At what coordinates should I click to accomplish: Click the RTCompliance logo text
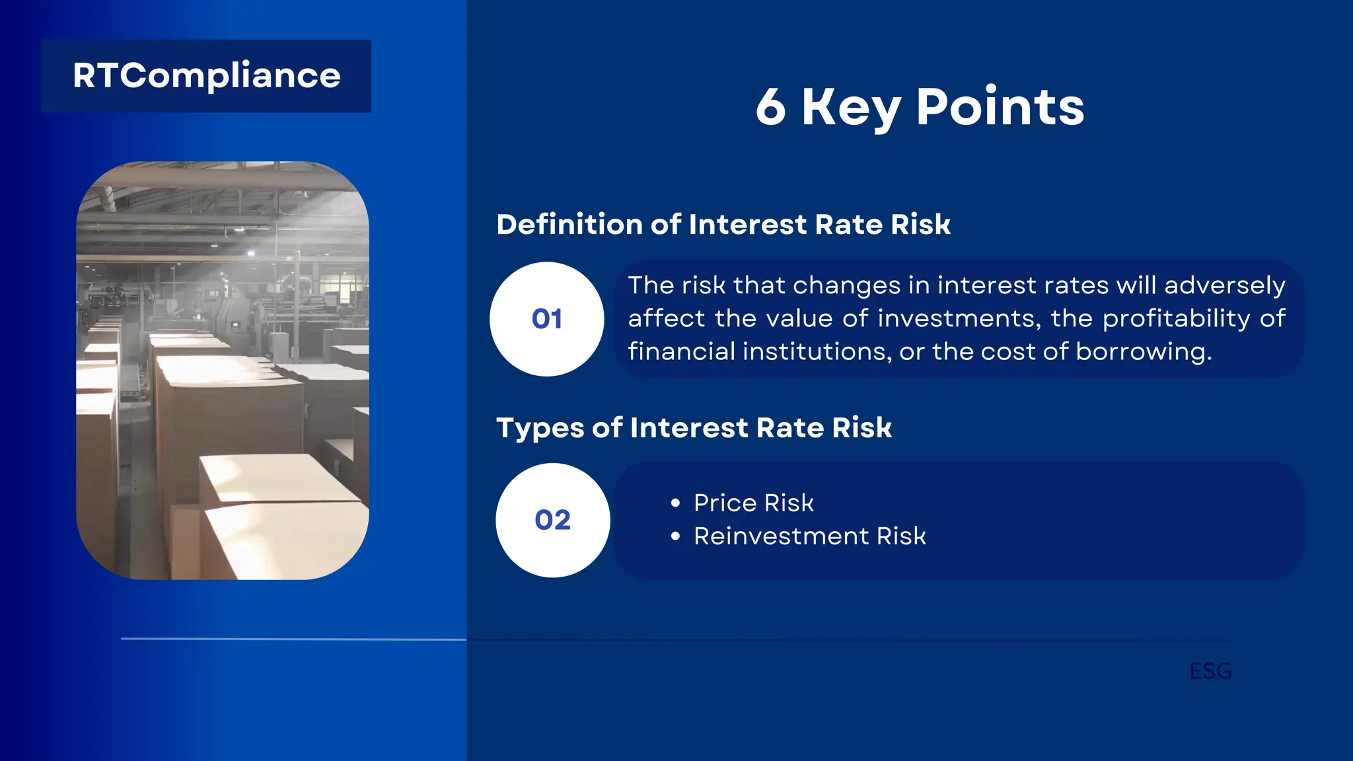(x=206, y=76)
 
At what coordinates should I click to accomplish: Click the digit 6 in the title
(x=771, y=107)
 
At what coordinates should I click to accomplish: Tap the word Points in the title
(x=1000, y=107)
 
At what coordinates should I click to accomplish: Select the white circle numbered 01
(x=546, y=319)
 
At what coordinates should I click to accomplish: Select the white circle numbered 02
(x=552, y=520)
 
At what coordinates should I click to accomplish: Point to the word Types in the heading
(x=540, y=428)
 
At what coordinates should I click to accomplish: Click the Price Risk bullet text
(x=753, y=503)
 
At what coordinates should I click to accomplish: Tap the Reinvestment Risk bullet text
(x=809, y=536)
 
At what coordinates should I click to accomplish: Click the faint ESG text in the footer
(x=1210, y=671)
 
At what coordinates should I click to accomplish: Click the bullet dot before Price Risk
(x=675, y=503)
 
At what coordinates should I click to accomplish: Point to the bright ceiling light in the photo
(x=250, y=253)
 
